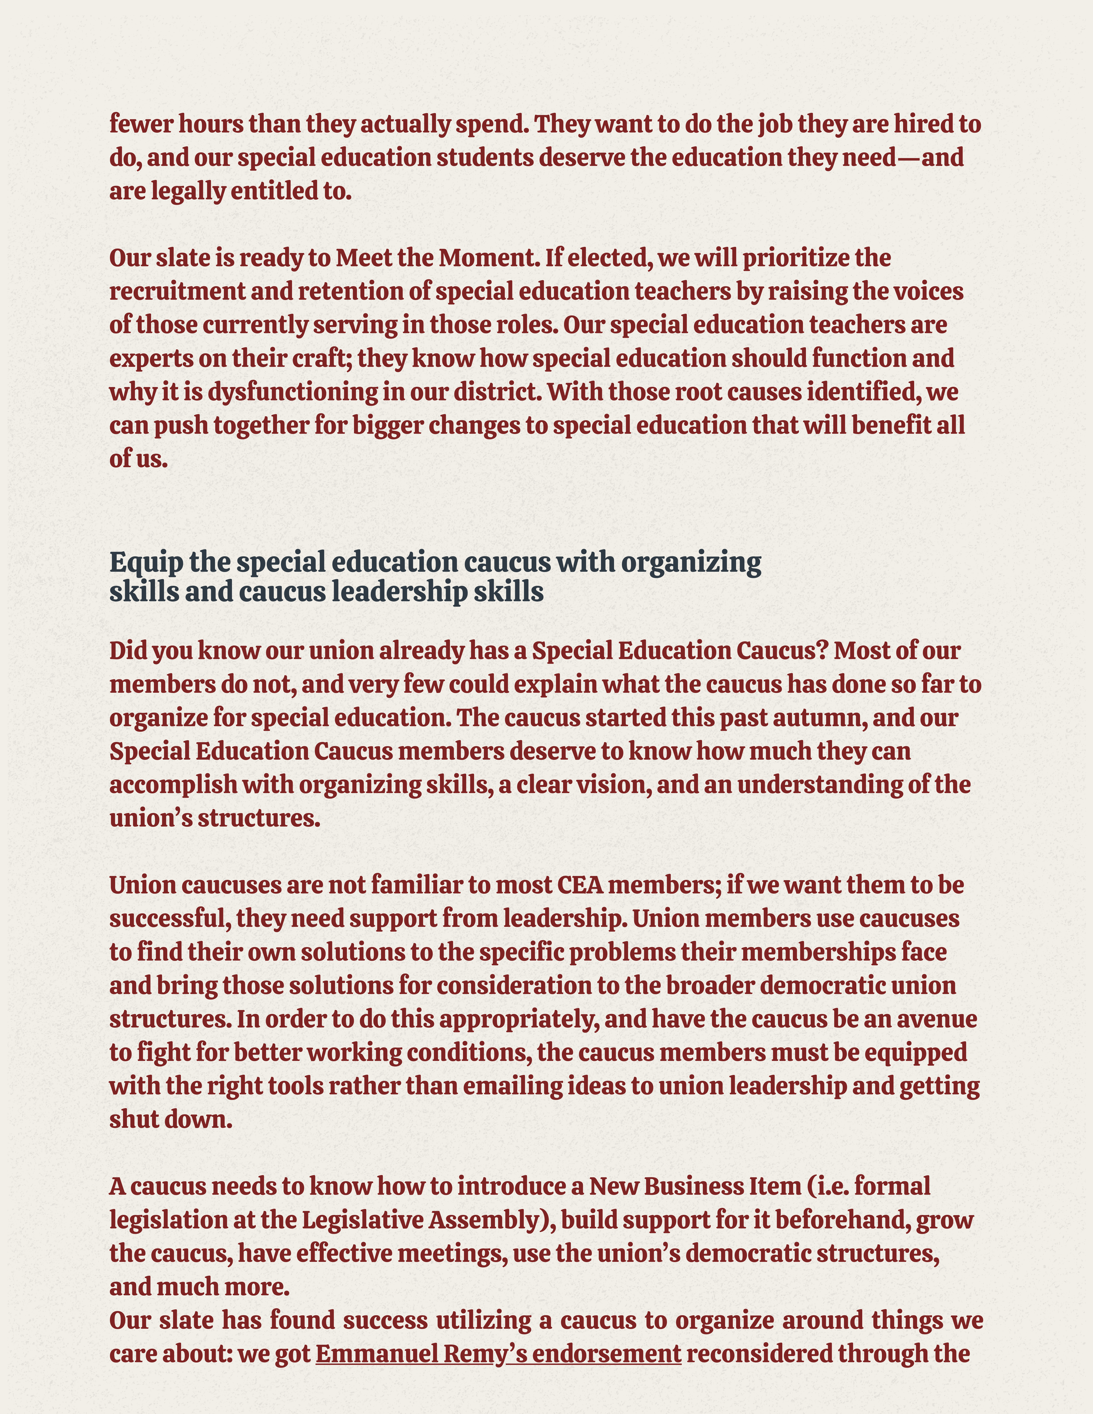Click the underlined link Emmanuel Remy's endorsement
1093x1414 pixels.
click(498, 1353)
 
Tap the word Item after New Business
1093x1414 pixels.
click(774, 1186)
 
